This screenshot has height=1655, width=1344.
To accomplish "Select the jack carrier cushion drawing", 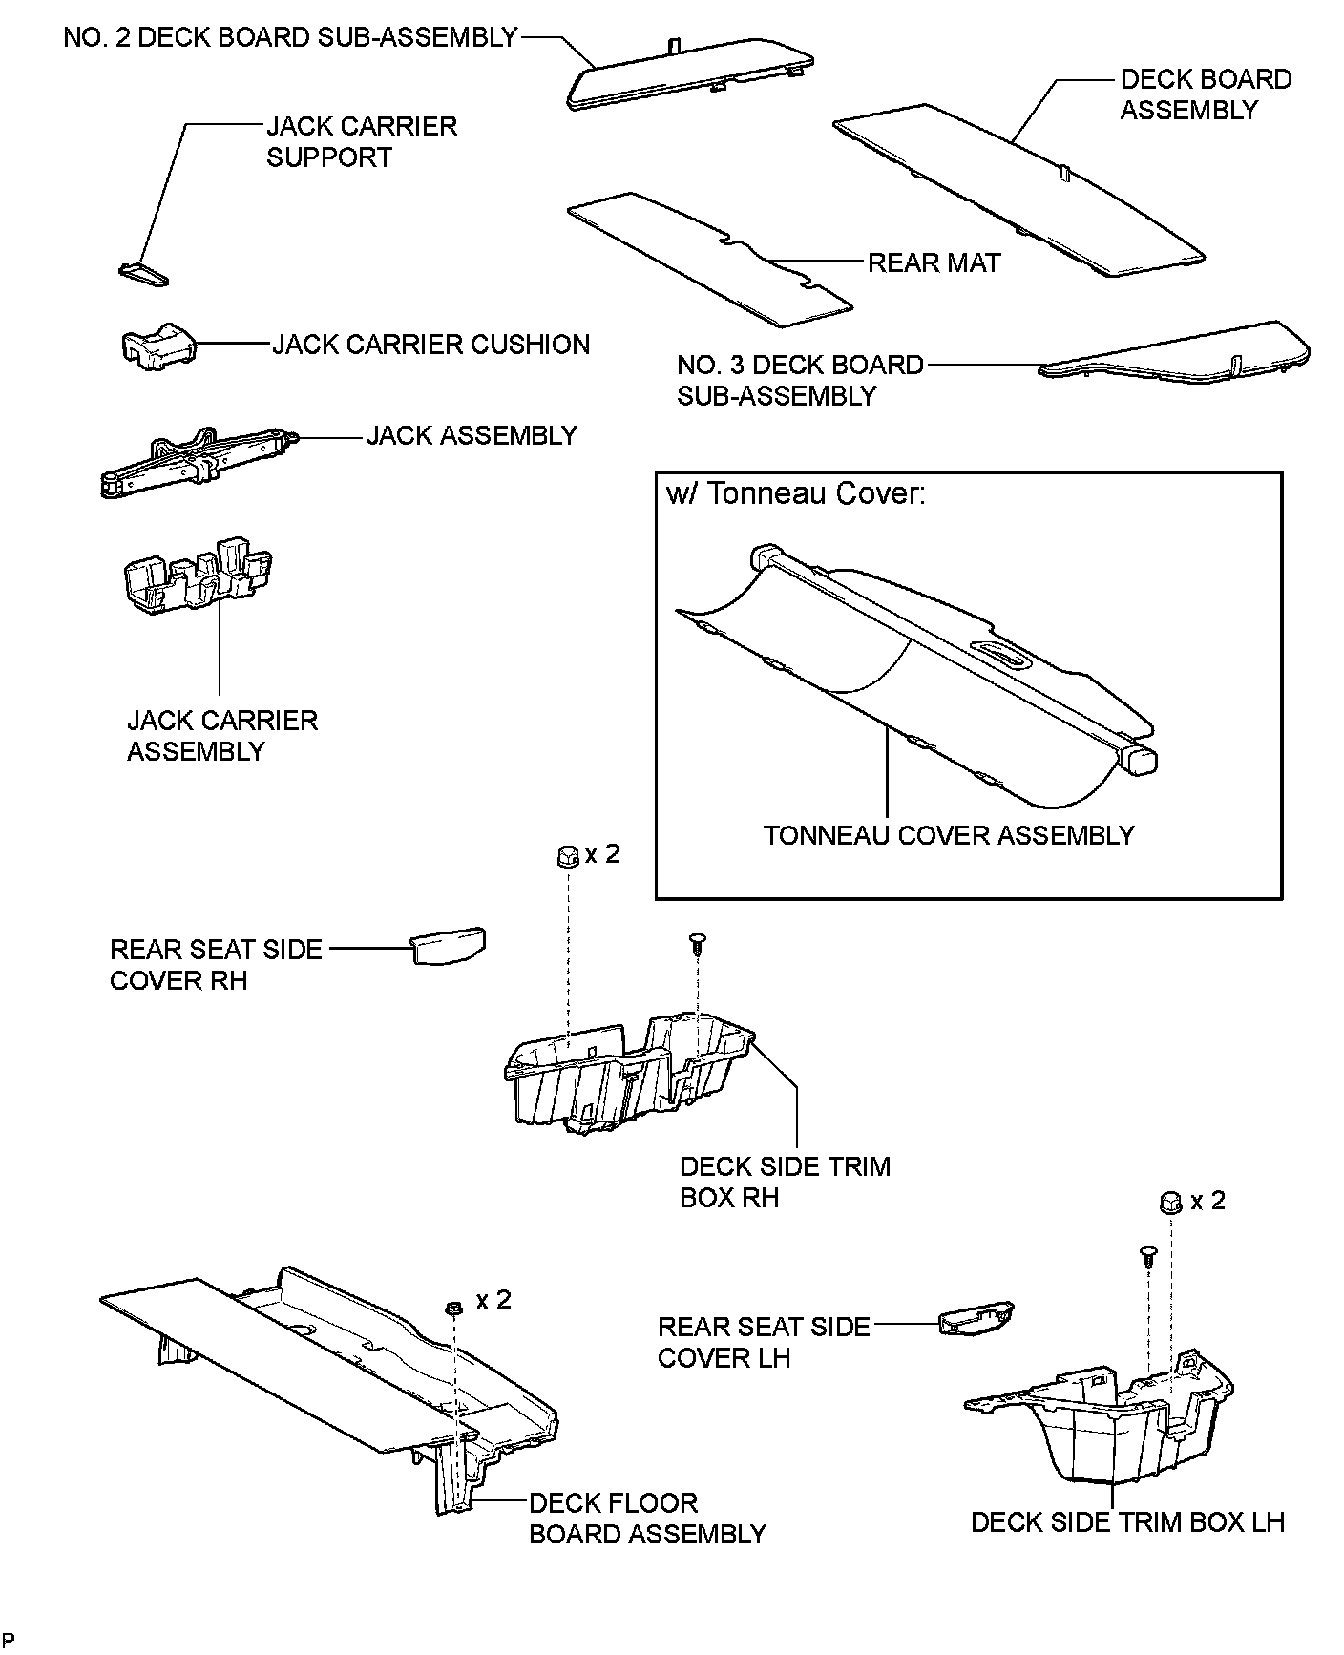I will (x=157, y=346).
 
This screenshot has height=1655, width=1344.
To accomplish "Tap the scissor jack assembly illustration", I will (x=196, y=463).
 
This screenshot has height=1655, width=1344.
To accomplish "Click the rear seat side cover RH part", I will (x=448, y=945).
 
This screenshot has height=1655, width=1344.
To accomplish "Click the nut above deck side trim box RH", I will (x=566, y=856).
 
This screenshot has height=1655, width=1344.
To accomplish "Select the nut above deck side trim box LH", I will (x=1170, y=1202).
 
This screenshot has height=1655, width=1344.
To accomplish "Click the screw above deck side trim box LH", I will (x=1147, y=1257).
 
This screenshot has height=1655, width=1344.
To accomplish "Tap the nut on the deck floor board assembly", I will (x=454, y=1307).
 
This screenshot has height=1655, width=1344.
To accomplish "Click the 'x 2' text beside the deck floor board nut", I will (x=493, y=1299).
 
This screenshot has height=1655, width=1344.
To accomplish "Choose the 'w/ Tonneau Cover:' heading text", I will (x=795, y=494).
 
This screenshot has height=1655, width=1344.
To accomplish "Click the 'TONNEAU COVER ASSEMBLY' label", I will (x=949, y=835).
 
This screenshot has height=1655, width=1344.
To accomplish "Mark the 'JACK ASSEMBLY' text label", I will (x=472, y=435).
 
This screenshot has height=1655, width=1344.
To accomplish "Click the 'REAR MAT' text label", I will (x=933, y=262).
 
